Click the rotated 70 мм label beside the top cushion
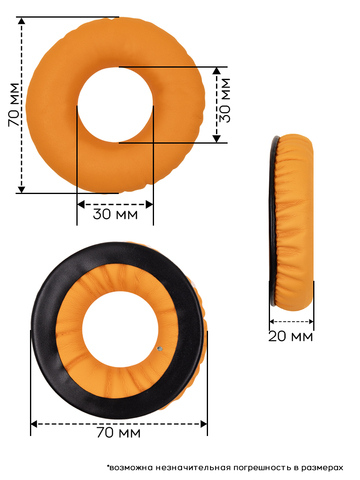(15, 104)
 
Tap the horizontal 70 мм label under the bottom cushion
(118, 433)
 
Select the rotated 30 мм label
(225, 100)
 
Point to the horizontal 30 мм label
(115, 214)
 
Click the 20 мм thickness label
(291, 336)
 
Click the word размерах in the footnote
(322, 468)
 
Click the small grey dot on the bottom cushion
(160, 349)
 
